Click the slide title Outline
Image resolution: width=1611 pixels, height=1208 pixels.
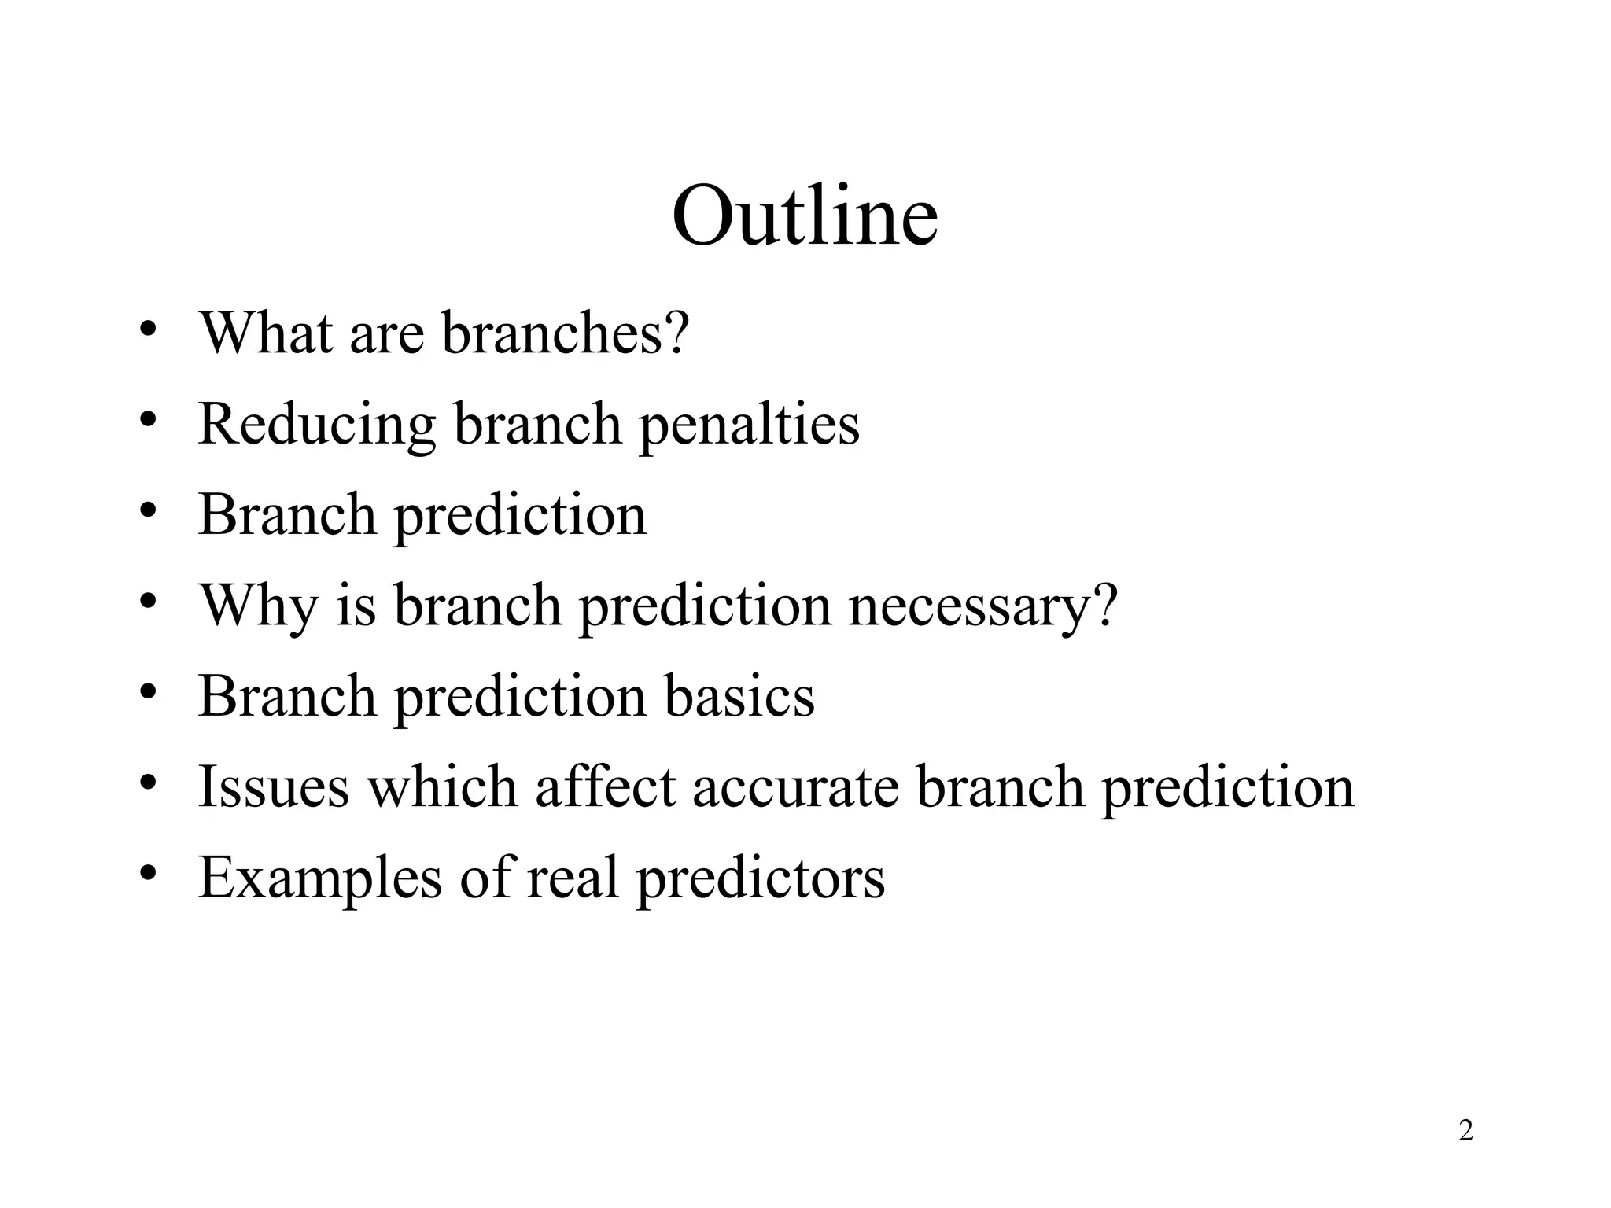point(804,215)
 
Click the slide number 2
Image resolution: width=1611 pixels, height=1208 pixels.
point(1465,1131)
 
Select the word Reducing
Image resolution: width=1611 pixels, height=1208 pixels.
point(316,425)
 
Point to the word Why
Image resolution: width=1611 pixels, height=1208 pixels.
point(258,606)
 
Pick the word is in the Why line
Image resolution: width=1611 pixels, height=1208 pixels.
point(356,606)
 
